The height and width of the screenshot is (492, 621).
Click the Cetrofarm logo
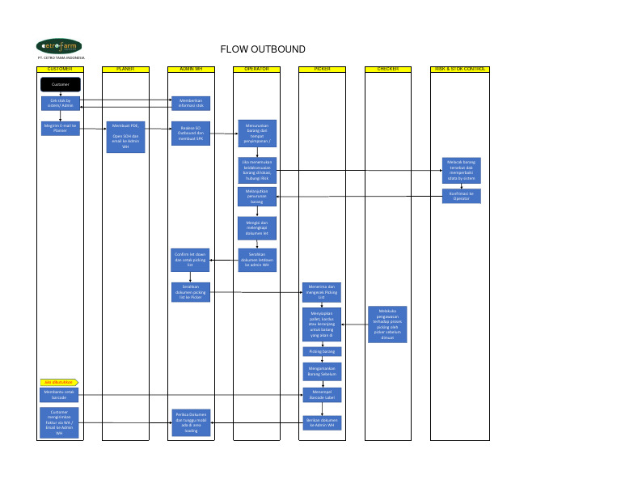pos(59,46)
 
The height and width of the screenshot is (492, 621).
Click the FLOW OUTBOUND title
pos(263,49)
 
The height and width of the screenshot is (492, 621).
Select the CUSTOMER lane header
pos(60,70)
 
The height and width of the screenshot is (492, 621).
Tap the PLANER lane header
pos(125,70)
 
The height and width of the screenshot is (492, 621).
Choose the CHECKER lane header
pos(388,70)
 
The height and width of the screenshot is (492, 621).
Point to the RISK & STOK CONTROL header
pos(460,70)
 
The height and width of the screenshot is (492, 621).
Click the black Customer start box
pos(61,84)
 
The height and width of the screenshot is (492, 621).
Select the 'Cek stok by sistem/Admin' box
pos(61,103)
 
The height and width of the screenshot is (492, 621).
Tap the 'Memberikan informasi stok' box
pos(191,103)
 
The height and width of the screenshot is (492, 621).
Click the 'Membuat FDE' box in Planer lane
pos(125,137)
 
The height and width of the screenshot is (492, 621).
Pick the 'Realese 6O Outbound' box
pos(191,133)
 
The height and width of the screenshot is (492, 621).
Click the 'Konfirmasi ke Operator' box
pos(461,196)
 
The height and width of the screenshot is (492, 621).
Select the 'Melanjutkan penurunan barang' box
pos(256,197)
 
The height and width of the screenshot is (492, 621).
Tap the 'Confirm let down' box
pos(191,259)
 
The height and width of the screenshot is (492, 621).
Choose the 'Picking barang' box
pos(322,351)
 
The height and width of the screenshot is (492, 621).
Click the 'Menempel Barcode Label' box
pos(322,395)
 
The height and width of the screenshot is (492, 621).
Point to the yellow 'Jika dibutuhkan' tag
pos(58,381)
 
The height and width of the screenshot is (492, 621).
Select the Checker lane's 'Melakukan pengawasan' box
pos(387,324)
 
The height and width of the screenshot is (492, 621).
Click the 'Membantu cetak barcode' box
pos(61,395)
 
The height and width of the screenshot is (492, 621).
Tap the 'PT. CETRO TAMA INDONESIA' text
pos(61,58)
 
